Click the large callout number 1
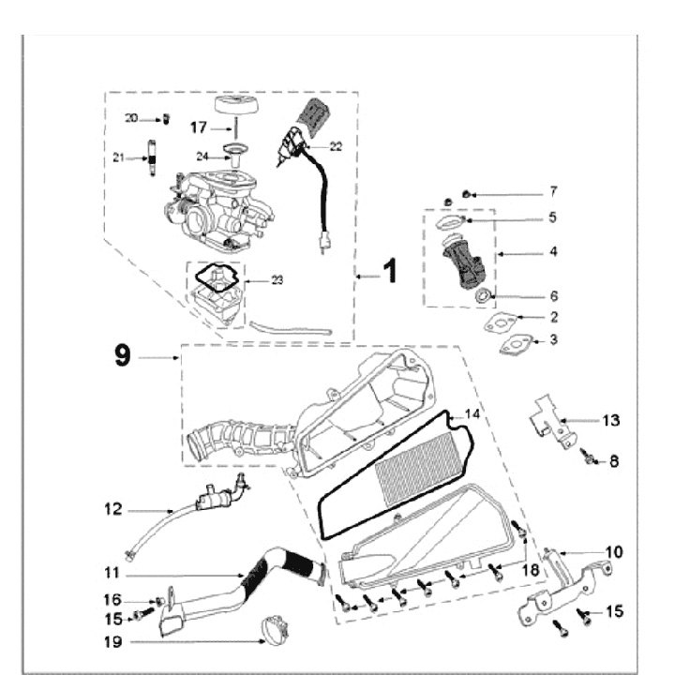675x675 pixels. pyautogui.click(x=390, y=271)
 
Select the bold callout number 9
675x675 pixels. pyautogui.click(x=122, y=356)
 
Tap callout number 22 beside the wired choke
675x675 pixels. pyautogui.click(x=336, y=147)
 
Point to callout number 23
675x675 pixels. pyautogui.click(x=277, y=280)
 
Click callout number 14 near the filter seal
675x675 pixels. pyautogui.click(x=472, y=414)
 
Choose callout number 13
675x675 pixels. pyautogui.click(x=611, y=420)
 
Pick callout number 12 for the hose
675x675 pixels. pyautogui.click(x=113, y=510)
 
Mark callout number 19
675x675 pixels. pyautogui.click(x=113, y=642)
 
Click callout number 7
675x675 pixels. pyautogui.click(x=554, y=191)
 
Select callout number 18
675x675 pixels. pyautogui.click(x=531, y=570)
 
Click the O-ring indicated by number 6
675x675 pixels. pyautogui.click(x=482, y=295)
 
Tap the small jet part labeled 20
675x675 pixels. pyautogui.click(x=166, y=119)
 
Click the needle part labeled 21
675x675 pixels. pyautogui.click(x=152, y=158)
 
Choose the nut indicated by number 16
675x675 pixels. pyautogui.click(x=159, y=601)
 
